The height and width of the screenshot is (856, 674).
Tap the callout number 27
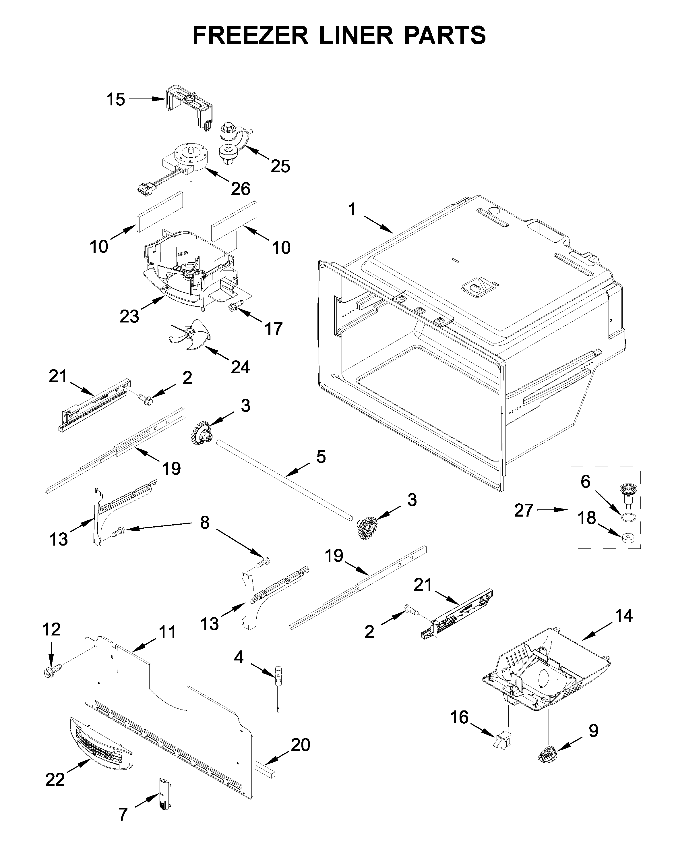point(524,510)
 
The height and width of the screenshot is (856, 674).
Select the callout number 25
point(280,166)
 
